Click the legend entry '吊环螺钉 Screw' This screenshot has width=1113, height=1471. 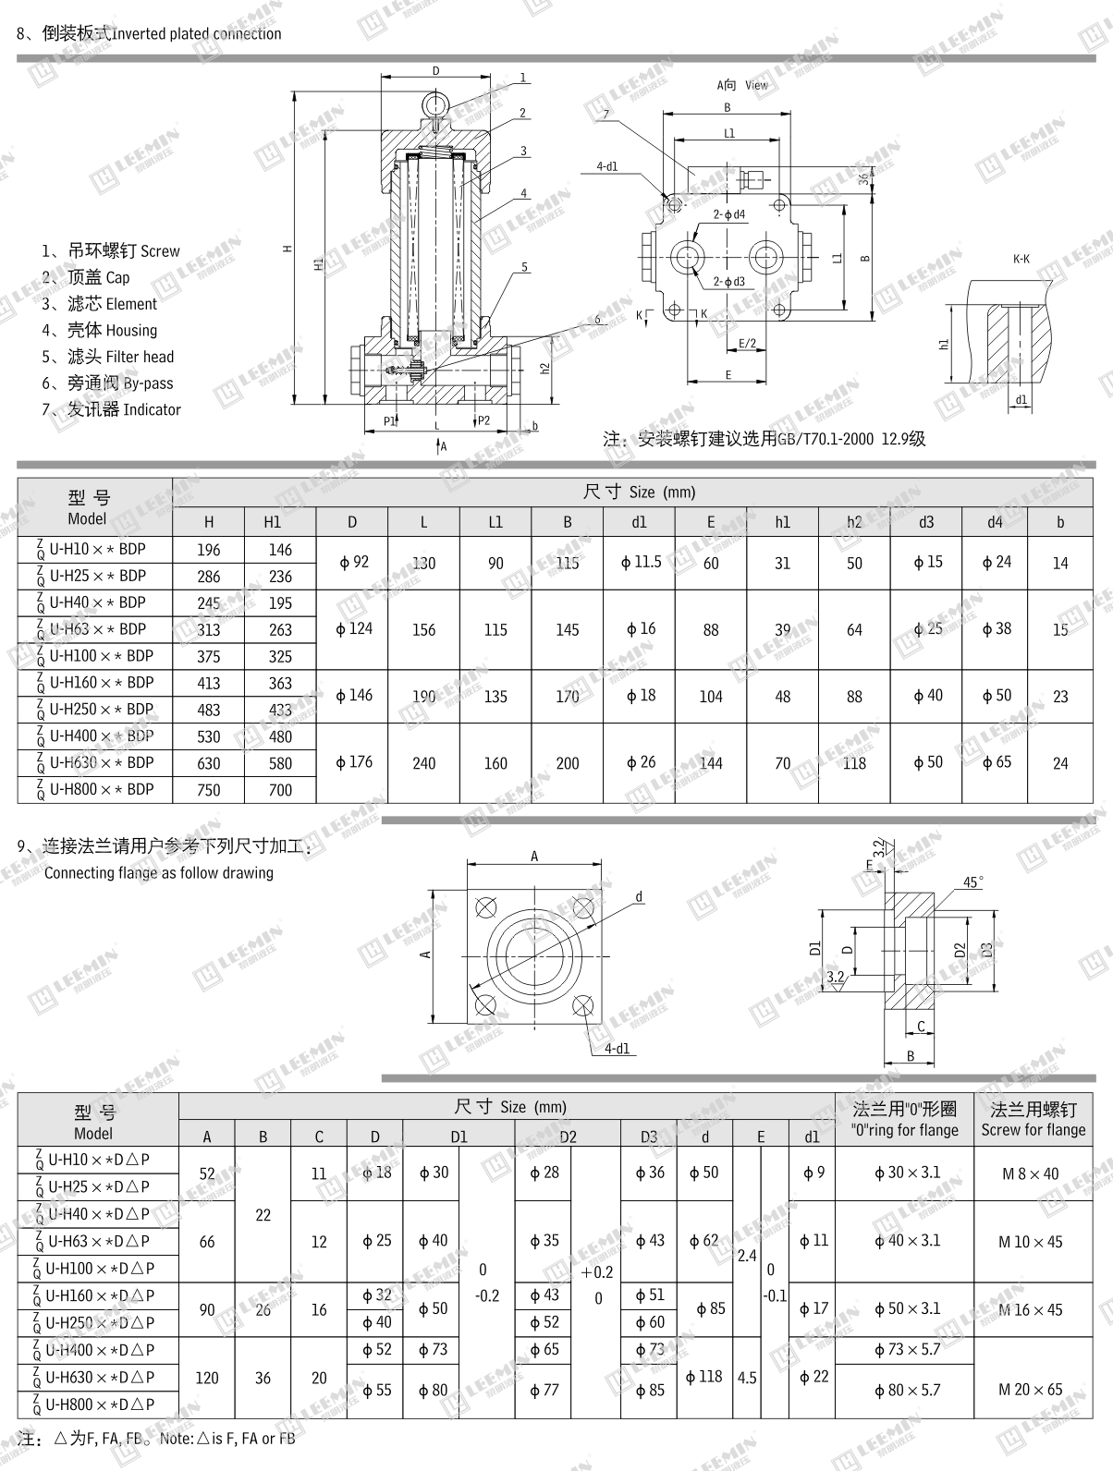[x=111, y=251]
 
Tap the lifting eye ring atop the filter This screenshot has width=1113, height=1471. [x=434, y=101]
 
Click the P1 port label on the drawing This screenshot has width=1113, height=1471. [x=390, y=420]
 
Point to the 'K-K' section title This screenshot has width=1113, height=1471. [x=1021, y=260]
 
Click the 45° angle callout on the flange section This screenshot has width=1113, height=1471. [x=972, y=882]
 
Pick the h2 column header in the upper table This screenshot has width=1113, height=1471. [x=854, y=522]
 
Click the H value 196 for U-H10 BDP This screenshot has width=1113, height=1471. [x=209, y=550]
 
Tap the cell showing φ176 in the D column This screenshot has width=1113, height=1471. [x=353, y=762]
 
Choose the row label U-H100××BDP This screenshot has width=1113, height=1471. [x=94, y=656]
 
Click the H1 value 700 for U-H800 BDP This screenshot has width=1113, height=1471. [x=280, y=790]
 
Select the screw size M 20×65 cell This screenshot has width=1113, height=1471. [x=1033, y=1390]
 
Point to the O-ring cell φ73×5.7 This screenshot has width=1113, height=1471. [x=907, y=1350]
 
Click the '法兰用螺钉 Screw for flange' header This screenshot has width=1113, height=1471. [x=1033, y=1119]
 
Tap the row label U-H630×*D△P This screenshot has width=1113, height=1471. [x=94, y=1377]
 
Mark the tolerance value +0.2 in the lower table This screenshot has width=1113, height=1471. [x=597, y=1272]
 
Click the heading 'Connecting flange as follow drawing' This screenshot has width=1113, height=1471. [x=159, y=873]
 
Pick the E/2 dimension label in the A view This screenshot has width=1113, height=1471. [x=747, y=344]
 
